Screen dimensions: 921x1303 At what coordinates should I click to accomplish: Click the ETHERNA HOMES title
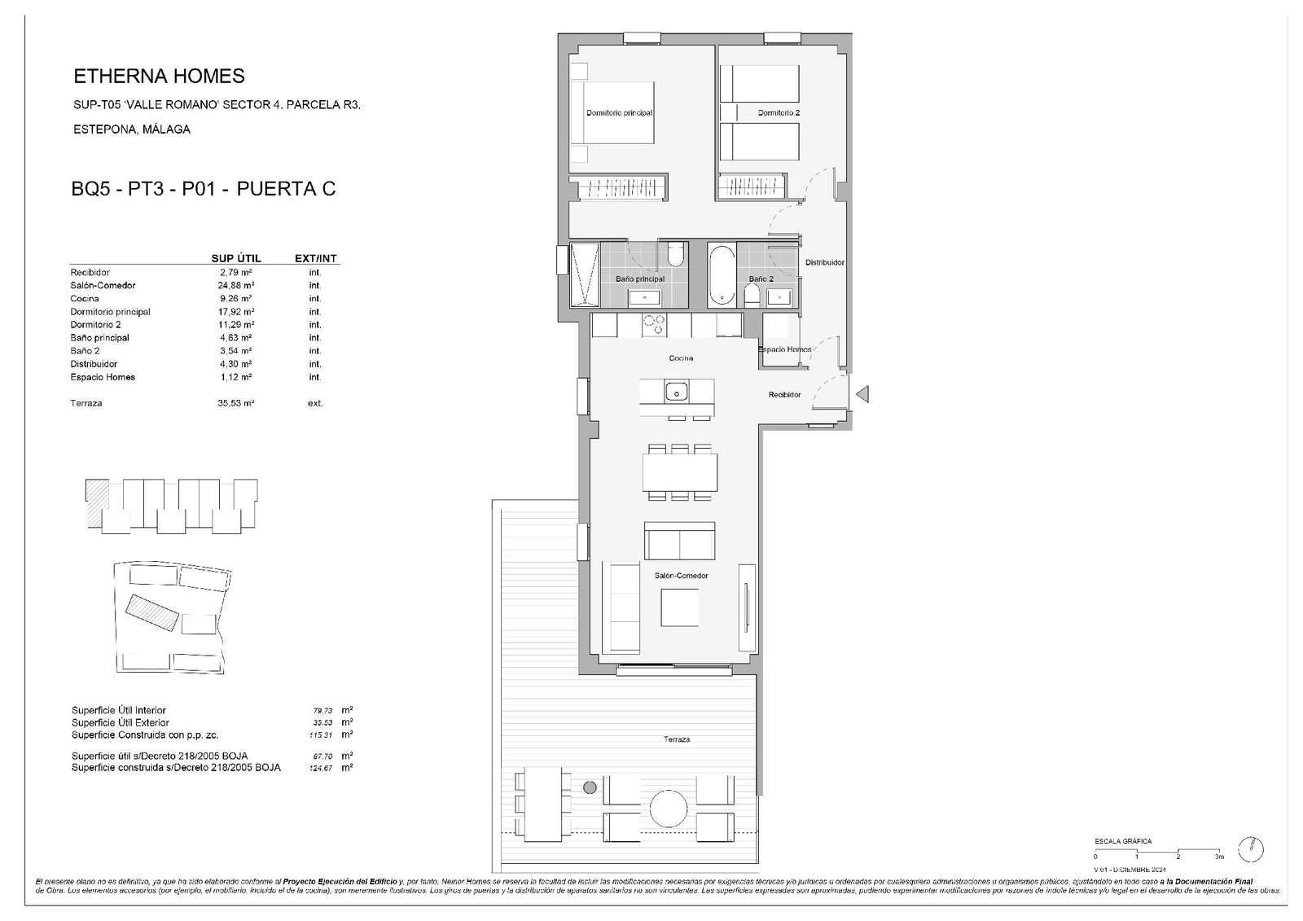159,77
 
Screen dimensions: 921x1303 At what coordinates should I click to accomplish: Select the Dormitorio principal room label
620,113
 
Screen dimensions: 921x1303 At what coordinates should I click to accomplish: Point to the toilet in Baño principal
674,256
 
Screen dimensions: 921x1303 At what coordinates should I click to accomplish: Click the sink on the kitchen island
677,393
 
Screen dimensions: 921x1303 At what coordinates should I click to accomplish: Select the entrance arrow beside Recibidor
864,395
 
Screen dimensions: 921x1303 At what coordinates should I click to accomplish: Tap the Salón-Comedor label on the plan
681,576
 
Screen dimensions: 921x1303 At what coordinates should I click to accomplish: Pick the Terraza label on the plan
676,739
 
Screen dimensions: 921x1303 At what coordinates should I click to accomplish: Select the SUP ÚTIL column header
236,259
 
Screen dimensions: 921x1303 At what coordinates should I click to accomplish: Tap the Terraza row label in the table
86,403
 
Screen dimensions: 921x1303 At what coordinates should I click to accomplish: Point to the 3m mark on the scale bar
1219,857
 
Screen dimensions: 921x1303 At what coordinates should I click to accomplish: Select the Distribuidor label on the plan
824,263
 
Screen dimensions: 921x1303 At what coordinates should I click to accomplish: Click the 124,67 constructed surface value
316,768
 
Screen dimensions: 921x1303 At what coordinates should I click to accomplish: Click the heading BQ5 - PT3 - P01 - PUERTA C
204,190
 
